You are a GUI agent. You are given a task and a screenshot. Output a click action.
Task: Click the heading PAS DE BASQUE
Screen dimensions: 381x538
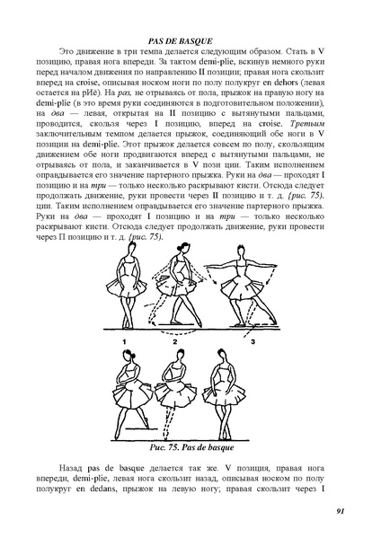[x=190, y=41]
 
